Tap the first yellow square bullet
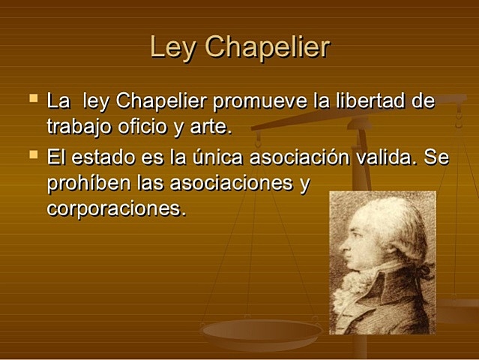(x=32, y=97)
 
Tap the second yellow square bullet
(x=32, y=155)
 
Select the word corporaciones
(x=115, y=208)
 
